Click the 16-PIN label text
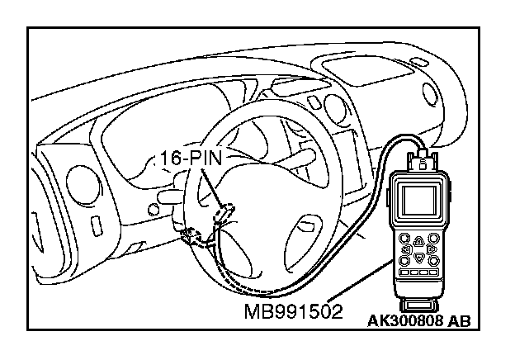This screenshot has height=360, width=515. pyautogui.click(x=187, y=158)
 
